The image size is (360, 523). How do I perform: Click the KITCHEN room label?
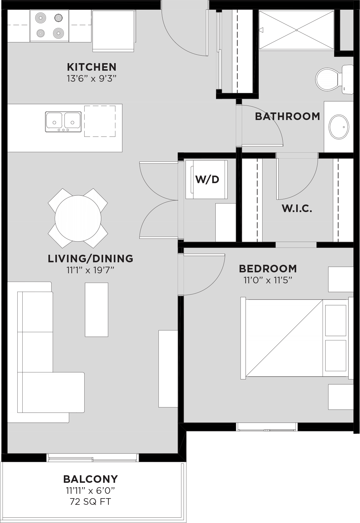click(91, 67)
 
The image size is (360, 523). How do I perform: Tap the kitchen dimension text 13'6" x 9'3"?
click(91, 79)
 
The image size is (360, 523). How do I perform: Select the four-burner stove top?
click(49, 26)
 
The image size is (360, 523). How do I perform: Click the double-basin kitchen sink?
click(63, 122)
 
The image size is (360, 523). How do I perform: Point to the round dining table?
click(78, 218)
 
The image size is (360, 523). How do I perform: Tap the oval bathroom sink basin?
click(339, 127)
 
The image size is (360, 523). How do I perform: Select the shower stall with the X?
click(296, 30)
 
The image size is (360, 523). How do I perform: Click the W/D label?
click(207, 179)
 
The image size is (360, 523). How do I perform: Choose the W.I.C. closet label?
click(297, 208)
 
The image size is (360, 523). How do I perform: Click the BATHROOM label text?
click(287, 116)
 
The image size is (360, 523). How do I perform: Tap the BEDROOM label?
click(268, 269)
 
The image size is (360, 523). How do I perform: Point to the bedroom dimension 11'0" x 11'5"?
click(268, 280)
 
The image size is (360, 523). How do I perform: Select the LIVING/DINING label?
click(91, 259)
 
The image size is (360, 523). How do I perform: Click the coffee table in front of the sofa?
click(97, 310)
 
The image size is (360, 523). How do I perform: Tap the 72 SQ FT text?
click(91, 502)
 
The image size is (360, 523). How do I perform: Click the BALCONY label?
click(91, 479)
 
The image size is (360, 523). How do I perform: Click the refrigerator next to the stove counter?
click(114, 30)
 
